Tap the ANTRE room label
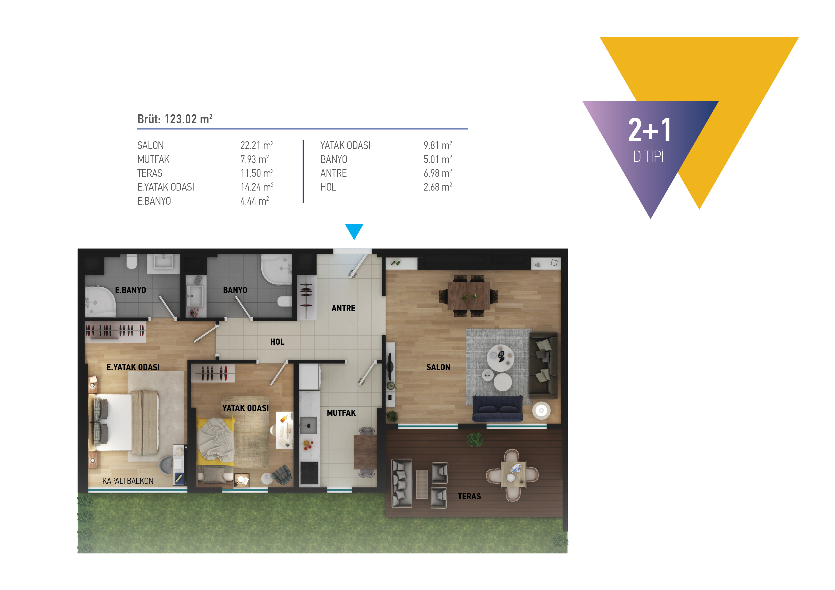343,308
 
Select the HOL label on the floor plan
277,342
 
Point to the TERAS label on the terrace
469,496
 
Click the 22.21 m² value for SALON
257,145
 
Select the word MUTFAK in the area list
153,159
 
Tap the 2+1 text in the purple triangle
650,130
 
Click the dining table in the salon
468,295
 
